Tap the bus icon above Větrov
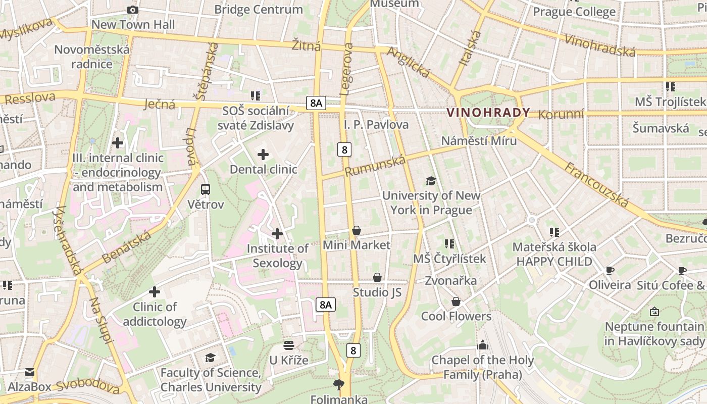pyautogui.click(x=206, y=189)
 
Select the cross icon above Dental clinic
pyautogui.click(x=263, y=154)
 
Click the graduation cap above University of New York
pyautogui.click(x=431, y=181)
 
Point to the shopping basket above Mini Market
pyautogui.click(x=357, y=231)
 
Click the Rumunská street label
pyautogui.click(x=375, y=166)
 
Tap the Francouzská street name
pyautogui.click(x=596, y=185)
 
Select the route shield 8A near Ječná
pyautogui.click(x=316, y=103)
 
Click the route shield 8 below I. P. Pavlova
pyautogui.click(x=345, y=149)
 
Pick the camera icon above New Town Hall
pyautogui.click(x=133, y=10)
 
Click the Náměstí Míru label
pyautogui.click(x=479, y=140)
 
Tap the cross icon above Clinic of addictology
pyautogui.click(x=155, y=292)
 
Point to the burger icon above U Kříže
pyautogui.click(x=289, y=345)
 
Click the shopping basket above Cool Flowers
pyautogui.click(x=456, y=301)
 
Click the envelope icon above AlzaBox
pyautogui.click(x=29, y=372)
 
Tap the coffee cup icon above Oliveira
pyautogui.click(x=610, y=270)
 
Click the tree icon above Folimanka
pyautogui.click(x=339, y=385)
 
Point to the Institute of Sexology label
pyautogui.click(x=277, y=256)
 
